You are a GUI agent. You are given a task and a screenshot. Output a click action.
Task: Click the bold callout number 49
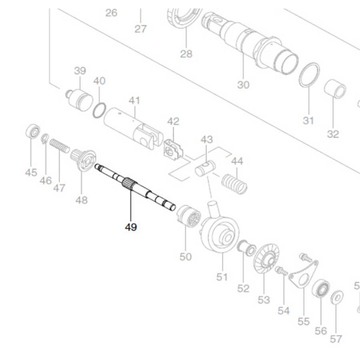pos(131,227)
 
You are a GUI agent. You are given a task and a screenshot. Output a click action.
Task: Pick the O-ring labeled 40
pos(99,108)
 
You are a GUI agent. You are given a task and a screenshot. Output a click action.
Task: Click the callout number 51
pos(221,276)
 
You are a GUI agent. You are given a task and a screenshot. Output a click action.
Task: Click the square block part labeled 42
pos(172,150)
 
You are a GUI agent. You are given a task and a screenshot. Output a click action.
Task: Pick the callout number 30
pos(243,84)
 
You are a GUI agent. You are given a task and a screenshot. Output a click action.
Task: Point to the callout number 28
pos(186,53)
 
